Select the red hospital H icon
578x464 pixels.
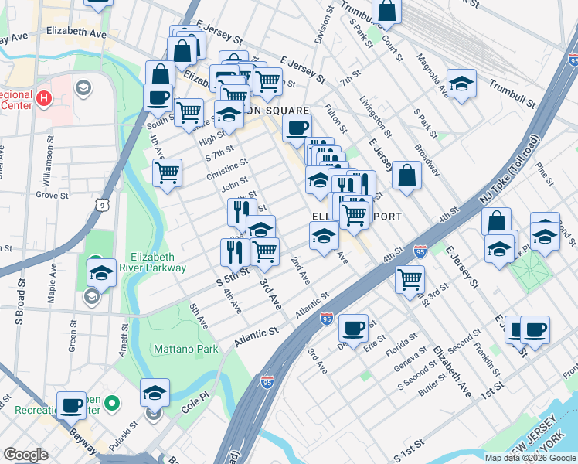point(44,99)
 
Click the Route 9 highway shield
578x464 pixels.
point(102,204)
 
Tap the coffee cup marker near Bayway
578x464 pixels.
point(72,405)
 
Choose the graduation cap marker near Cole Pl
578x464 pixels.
point(155,393)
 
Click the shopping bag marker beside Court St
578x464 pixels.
point(387,11)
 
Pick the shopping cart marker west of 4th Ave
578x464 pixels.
point(167,172)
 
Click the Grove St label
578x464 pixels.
point(53,195)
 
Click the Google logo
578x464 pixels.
point(25,455)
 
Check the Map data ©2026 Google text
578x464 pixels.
point(531,458)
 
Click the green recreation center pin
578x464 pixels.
point(112,403)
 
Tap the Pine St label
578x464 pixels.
point(546,176)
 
